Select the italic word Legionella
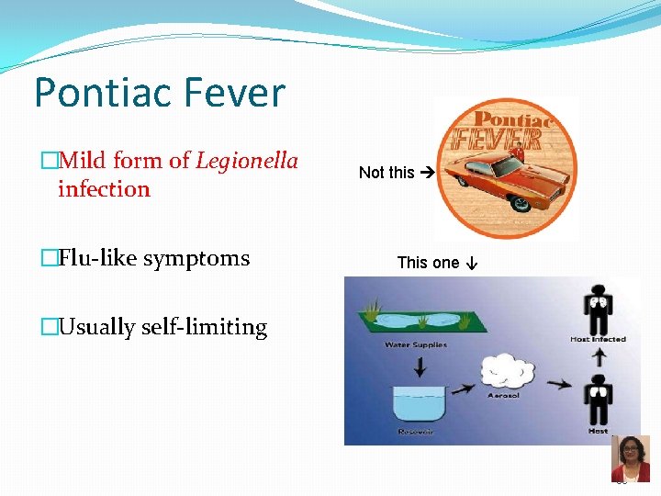point(247,162)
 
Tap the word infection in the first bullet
point(104,189)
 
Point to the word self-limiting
point(207,328)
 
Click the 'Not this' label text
point(387,173)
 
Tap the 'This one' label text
point(428,263)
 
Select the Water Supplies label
point(417,345)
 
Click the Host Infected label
point(598,340)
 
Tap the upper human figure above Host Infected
point(598,310)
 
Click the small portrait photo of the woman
point(630,458)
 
